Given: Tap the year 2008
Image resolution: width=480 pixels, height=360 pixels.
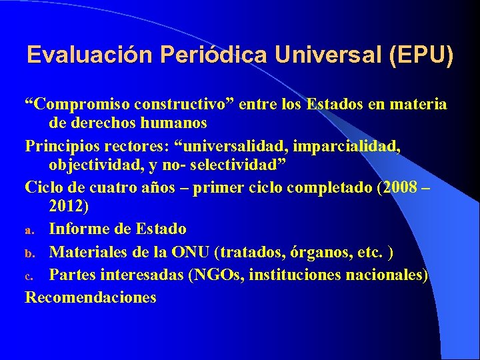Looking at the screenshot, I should tap(400, 187).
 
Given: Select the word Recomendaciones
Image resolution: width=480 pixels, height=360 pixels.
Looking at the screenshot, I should tap(91, 297).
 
